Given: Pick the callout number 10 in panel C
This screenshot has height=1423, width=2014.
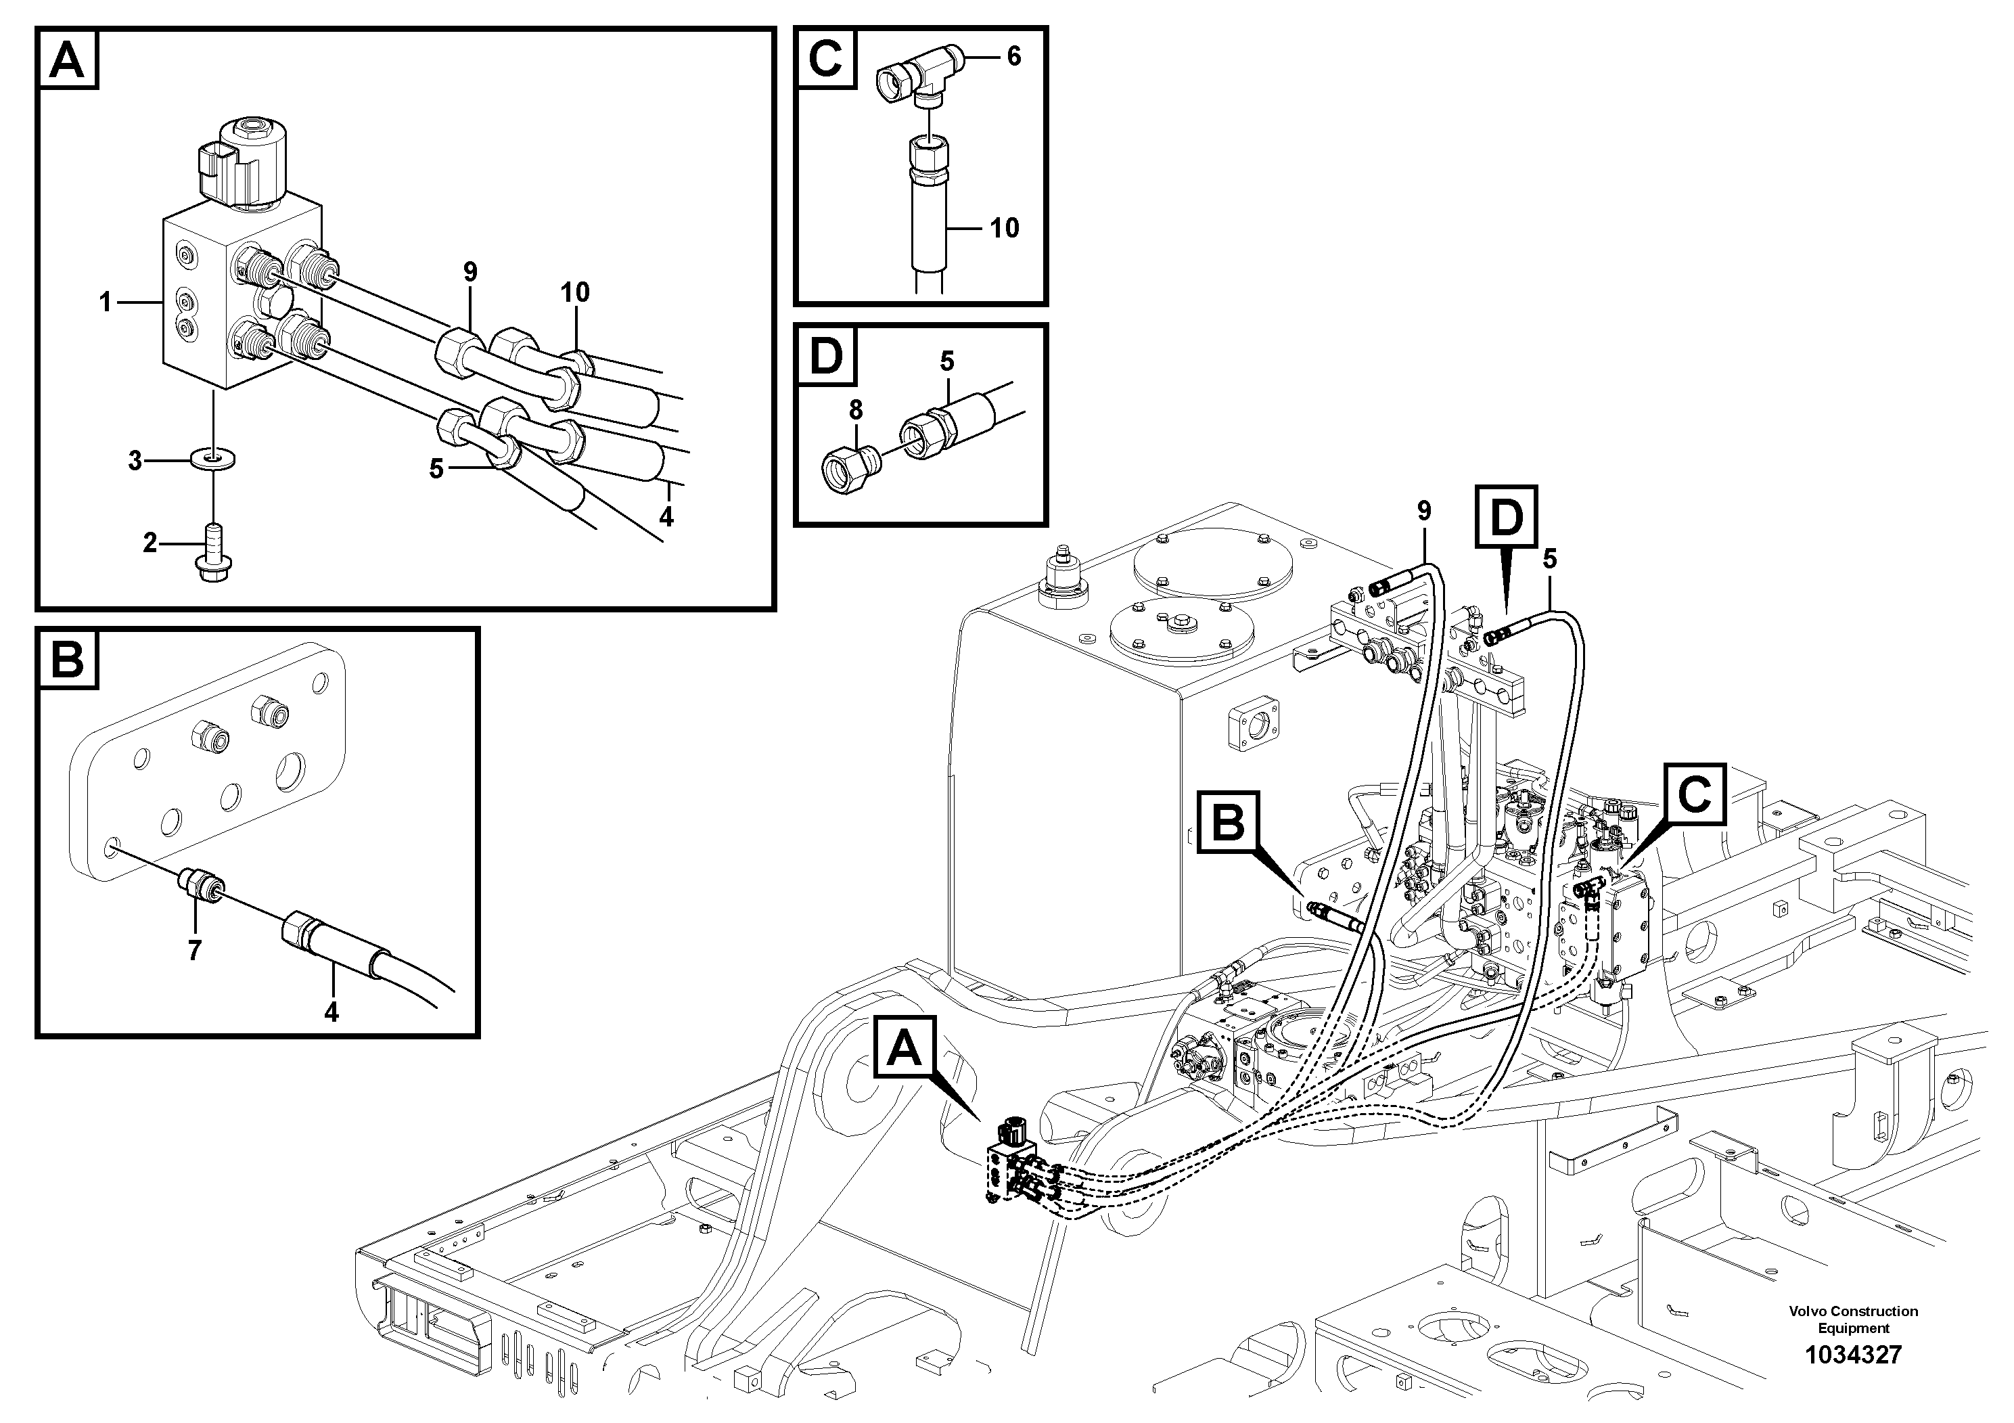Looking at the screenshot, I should point(1005,228).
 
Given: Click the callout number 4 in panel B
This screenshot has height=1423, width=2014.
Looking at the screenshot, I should point(331,1012).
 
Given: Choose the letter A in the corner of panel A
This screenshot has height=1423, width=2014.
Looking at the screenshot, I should point(68,59).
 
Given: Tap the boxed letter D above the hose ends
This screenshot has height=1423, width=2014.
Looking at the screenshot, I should point(1506,517).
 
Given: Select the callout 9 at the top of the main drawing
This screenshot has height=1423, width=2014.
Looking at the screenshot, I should point(1423,512).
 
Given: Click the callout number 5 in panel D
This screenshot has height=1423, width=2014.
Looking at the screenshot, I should point(946,361).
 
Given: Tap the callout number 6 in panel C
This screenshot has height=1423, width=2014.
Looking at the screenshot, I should point(1014,56).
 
